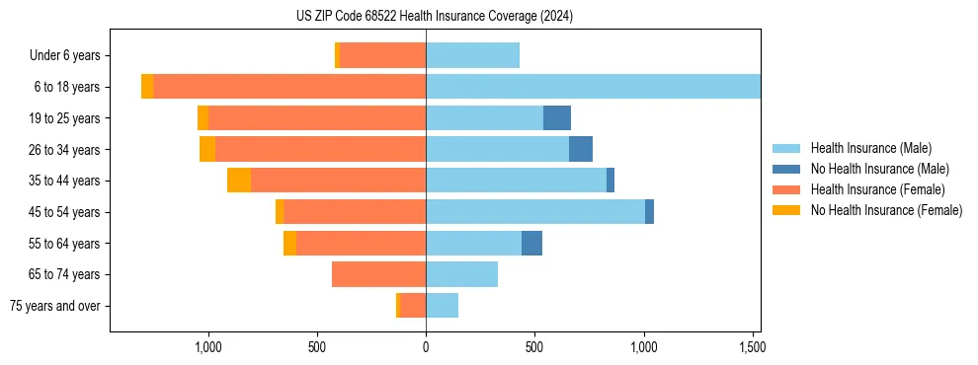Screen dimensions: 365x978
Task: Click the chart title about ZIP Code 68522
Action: coord(434,16)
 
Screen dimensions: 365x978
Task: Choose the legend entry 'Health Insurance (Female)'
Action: coord(877,189)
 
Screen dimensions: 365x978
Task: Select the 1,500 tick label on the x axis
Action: coord(752,347)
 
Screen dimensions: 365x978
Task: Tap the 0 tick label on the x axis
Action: coord(426,347)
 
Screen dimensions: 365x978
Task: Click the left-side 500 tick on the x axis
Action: coord(317,347)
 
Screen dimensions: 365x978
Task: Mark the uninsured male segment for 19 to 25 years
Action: coord(557,118)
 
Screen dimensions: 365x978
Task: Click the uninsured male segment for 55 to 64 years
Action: coord(531,244)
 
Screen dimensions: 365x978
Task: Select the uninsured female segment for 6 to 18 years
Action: coord(147,87)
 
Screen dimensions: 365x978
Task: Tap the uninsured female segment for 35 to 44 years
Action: coord(239,181)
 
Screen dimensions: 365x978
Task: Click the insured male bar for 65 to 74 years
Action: coord(461,274)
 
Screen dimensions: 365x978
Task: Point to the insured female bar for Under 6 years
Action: coord(382,56)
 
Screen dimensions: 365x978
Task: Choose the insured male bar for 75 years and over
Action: coord(442,306)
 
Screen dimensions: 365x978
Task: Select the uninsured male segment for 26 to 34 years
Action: coord(581,150)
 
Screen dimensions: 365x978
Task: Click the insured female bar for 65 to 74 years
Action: coord(378,274)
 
